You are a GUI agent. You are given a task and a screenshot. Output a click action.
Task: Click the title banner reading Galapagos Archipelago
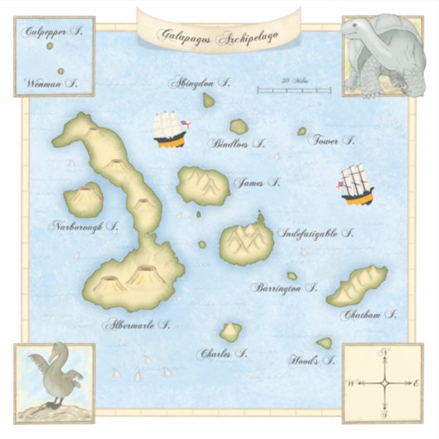[x=219, y=36]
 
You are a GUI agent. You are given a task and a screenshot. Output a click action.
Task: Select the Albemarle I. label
[x=137, y=325]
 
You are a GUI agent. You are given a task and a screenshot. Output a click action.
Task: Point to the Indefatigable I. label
[x=316, y=234]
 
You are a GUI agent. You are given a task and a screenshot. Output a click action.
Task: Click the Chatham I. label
[x=368, y=316]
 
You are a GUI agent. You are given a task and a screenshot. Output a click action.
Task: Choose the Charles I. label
[x=224, y=354]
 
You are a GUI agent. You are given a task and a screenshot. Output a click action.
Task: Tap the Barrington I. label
[x=285, y=289]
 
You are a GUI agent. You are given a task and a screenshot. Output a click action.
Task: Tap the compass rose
[x=384, y=383]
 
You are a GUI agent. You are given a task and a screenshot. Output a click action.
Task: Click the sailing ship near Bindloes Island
[x=171, y=130]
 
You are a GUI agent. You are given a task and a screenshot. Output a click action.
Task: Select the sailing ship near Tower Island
[x=356, y=185]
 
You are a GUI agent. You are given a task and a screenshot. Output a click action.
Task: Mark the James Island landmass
[x=203, y=186]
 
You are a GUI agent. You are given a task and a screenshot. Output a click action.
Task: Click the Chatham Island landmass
[x=357, y=286]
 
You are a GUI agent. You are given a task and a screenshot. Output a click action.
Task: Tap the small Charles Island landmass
[x=230, y=332]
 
